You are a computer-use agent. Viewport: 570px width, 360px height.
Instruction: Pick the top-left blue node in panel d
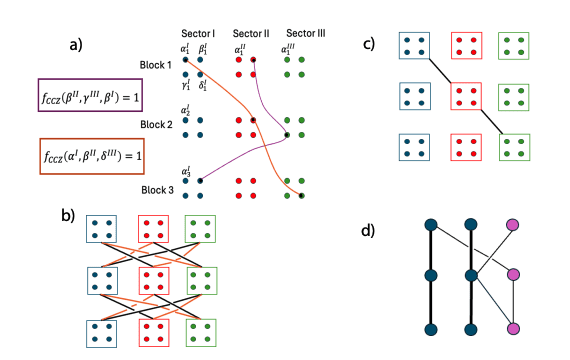tap(430, 227)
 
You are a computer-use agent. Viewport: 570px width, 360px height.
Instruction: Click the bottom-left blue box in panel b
tap(100, 331)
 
